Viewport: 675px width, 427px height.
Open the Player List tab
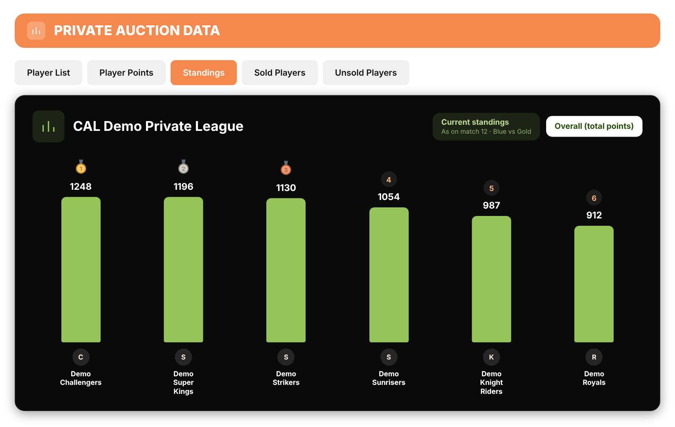tap(48, 73)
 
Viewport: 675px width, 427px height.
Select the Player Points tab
tap(126, 73)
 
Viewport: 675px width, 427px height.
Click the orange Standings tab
tap(204, 73)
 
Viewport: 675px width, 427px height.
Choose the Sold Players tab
tap(280, 73)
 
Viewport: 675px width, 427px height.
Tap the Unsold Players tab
tap(366, 73)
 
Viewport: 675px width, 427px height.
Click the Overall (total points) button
tap(594, 126)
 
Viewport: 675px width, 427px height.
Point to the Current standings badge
tap(486, 126)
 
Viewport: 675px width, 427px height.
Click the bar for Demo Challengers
tap(81, 270)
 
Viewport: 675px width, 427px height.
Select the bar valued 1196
tap(183, 270)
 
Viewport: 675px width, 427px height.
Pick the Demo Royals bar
tap(594, 284)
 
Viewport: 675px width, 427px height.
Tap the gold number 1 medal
tap(81, 167)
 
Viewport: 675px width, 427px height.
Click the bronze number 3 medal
tap(286, 169)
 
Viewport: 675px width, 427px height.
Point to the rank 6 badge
tap(594, 198)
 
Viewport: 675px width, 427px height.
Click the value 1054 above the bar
tap(389, 197)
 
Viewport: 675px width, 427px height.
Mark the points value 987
tap(491, 205)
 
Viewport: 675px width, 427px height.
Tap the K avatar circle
tap(491, 357)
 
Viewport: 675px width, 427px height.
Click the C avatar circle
tap(81, 357)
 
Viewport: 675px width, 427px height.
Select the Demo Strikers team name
tap(286, 378)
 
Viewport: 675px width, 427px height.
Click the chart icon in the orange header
tap(36, 31)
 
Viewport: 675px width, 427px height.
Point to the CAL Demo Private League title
tap(158, 126)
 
